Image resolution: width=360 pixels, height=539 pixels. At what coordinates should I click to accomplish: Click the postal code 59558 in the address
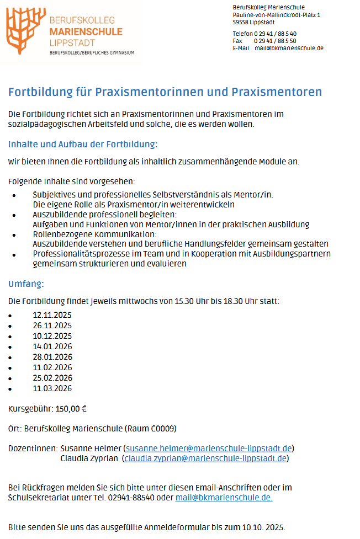[241, 23]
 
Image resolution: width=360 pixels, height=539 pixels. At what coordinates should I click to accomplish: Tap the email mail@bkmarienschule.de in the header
[289, 48]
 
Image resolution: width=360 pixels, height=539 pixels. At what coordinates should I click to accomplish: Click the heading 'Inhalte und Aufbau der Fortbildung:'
[83, 145]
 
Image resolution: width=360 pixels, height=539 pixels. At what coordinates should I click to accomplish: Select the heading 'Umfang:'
[26, 284]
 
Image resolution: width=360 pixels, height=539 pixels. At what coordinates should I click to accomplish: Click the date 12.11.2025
[52, 315]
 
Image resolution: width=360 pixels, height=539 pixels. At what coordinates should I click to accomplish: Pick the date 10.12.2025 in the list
[52, 336]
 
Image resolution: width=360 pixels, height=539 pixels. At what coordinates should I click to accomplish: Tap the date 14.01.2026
[52, 346]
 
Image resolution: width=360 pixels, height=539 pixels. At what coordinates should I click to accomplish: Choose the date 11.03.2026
[52, 388]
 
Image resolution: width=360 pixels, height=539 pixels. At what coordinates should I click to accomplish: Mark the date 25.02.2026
[52, 378]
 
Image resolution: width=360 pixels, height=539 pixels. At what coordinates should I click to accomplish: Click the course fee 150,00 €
[71, 409]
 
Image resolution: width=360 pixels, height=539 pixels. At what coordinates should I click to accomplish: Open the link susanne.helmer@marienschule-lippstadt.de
[209, 448]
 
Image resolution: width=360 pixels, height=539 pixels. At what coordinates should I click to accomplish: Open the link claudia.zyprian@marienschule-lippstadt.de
[205, 458]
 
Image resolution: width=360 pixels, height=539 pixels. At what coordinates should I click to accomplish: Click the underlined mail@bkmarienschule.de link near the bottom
[224, 498]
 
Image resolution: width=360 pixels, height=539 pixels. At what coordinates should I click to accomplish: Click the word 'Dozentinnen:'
[33, 448]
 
